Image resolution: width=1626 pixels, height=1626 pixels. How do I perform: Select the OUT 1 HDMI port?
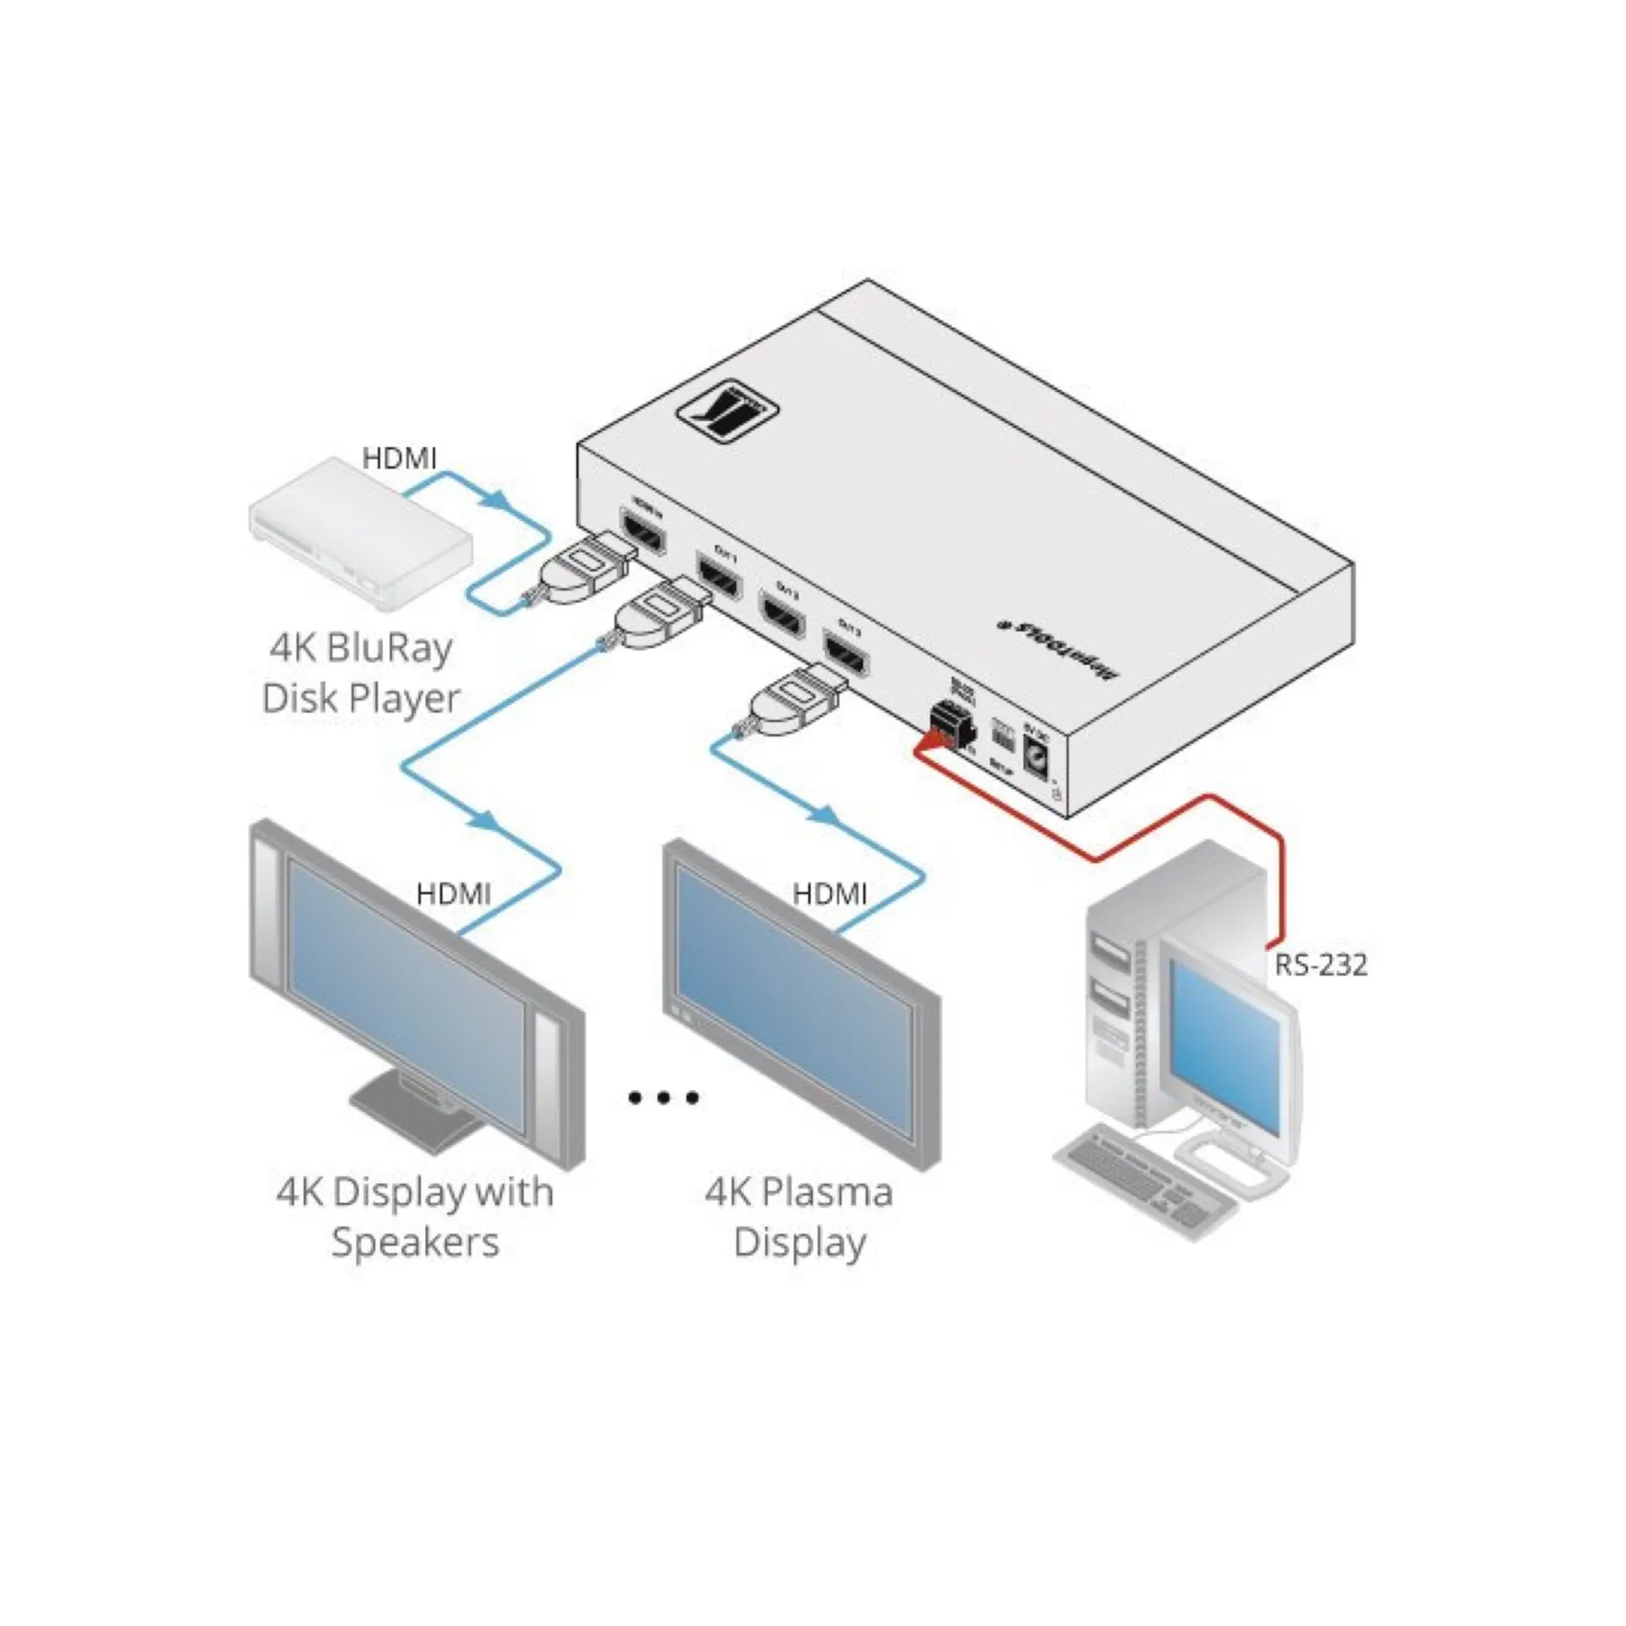click(720, 578)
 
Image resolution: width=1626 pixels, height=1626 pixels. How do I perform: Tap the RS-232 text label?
click(1320, 965)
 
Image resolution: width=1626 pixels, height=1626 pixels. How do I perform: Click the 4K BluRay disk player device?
click(360, 534)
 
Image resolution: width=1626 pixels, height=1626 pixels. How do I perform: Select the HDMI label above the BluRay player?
click(399, 459)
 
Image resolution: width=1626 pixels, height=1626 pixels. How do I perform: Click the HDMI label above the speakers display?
click(453, 894)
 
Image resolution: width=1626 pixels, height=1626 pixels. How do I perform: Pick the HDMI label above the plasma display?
click(829, 894)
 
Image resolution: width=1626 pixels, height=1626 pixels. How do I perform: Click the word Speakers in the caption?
click(415, 1242)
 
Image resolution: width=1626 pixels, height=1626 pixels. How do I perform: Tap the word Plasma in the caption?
click(826, 1192)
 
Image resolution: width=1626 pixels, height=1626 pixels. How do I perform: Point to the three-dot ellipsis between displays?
click(663, 1098)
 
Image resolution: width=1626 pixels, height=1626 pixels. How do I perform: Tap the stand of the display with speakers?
click(415, 1107)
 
